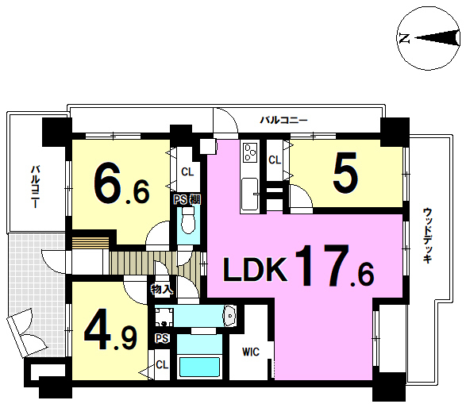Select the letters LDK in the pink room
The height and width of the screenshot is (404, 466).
pos(256,269)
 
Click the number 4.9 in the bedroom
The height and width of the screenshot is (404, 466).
pos(110,329)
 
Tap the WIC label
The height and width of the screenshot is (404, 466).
pos(251,352)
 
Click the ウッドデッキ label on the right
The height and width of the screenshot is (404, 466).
pos(427,236)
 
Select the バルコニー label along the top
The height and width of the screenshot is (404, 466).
pos(284,121)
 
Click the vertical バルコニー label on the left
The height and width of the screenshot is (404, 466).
pos(36,187)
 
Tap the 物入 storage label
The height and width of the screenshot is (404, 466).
pos(162,289)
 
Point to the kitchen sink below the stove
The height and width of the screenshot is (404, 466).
pos(249,194)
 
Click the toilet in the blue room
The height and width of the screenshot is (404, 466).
pos(188,220)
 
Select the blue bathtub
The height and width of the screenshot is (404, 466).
pos(199,367)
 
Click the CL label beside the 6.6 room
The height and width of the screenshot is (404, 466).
pos(187,171)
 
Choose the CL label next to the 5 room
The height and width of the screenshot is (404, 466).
pos(275,160)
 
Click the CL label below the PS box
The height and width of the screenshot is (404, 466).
pos(162,364)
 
